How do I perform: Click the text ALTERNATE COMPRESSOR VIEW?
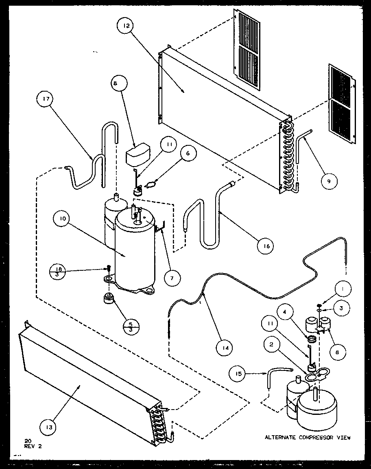(307, 438)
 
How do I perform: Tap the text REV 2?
(33, 446)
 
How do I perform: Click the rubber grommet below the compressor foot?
(109, 302)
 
